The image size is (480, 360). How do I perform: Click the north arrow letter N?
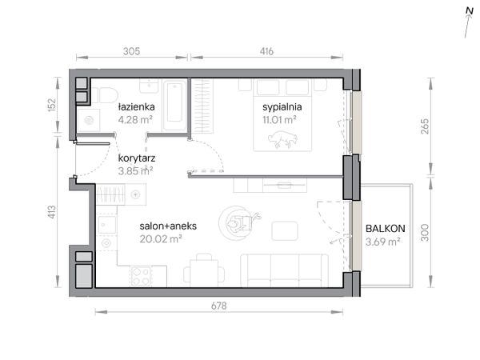click(x=470, y=10)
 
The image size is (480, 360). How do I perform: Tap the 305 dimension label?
click(x=132, y=51)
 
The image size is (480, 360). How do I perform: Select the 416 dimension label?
click(x=266, y=51)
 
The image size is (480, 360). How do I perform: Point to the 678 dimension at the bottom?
click(x=219, y=306)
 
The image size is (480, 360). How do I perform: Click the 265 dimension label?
click(x=425, y=126)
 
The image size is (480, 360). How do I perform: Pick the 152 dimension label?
click(x=52, y=104)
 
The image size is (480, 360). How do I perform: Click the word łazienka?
click(x=137, y=107)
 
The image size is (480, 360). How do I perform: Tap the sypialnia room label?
click(x=282, y=107)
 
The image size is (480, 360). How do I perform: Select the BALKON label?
click(x=386, y=228)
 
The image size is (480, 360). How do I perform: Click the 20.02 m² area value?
click(x=161, y=238)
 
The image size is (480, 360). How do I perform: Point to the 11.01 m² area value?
click(x=279, y=120)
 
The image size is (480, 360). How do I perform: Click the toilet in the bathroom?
click(x=106, y=95)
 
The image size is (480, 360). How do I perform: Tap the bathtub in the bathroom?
click(x=174, y=106)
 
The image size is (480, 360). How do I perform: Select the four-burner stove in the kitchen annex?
click(x=141, y=277)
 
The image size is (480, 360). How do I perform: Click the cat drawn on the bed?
click(x=283, y=139)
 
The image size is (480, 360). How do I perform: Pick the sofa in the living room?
click(x=284, y=270)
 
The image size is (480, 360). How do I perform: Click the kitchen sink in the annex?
click(x=107, y=225)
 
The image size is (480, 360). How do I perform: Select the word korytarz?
click(x=137, y=158)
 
